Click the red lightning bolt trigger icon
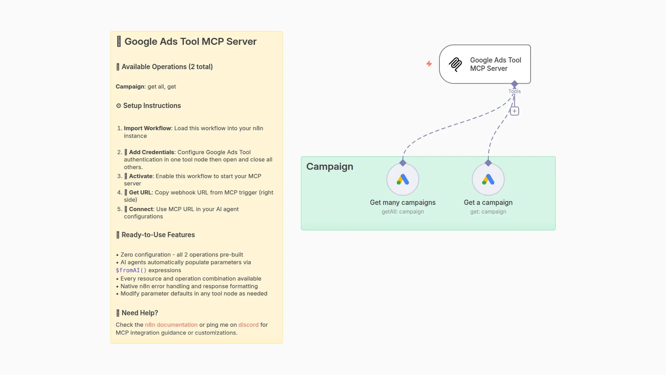(429, 64)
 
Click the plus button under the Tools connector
(514, 111)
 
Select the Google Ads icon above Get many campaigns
(403, 180)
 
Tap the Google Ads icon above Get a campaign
(488, 180)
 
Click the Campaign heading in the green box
(330, 167)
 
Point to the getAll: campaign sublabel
(403, 211)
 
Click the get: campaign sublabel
(488, 211)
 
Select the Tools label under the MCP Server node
(514, 91)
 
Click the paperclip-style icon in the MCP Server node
(455, 64)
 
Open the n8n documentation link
(171, 325)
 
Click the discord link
(248, 325)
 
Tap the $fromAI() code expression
(131, 270)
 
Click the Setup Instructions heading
(152, 106)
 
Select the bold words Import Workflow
(147, 128)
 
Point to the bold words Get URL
(140, 192)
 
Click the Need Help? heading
(139, 313)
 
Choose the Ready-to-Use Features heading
(158, 235)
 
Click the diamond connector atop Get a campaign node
(488, 163)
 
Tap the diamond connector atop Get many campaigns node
(403, 163)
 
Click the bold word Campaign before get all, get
(130, 86)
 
